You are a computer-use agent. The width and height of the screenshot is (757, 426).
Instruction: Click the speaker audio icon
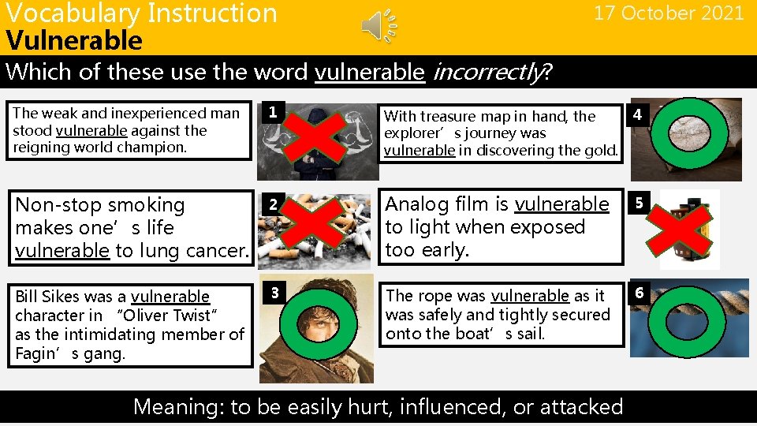378,27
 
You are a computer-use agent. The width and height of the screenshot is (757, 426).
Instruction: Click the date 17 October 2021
669,13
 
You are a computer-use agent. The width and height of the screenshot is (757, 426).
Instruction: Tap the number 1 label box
272,112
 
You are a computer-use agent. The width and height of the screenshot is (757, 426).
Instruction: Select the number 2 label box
271,204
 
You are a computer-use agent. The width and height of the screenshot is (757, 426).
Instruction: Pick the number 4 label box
637,117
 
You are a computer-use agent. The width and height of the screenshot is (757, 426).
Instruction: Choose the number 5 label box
638,204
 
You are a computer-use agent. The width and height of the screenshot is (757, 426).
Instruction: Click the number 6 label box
639,293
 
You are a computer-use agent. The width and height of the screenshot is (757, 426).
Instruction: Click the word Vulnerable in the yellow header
74,40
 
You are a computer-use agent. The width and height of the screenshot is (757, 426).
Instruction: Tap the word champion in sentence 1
166,148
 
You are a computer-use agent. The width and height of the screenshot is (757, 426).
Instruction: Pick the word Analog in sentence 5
413,204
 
